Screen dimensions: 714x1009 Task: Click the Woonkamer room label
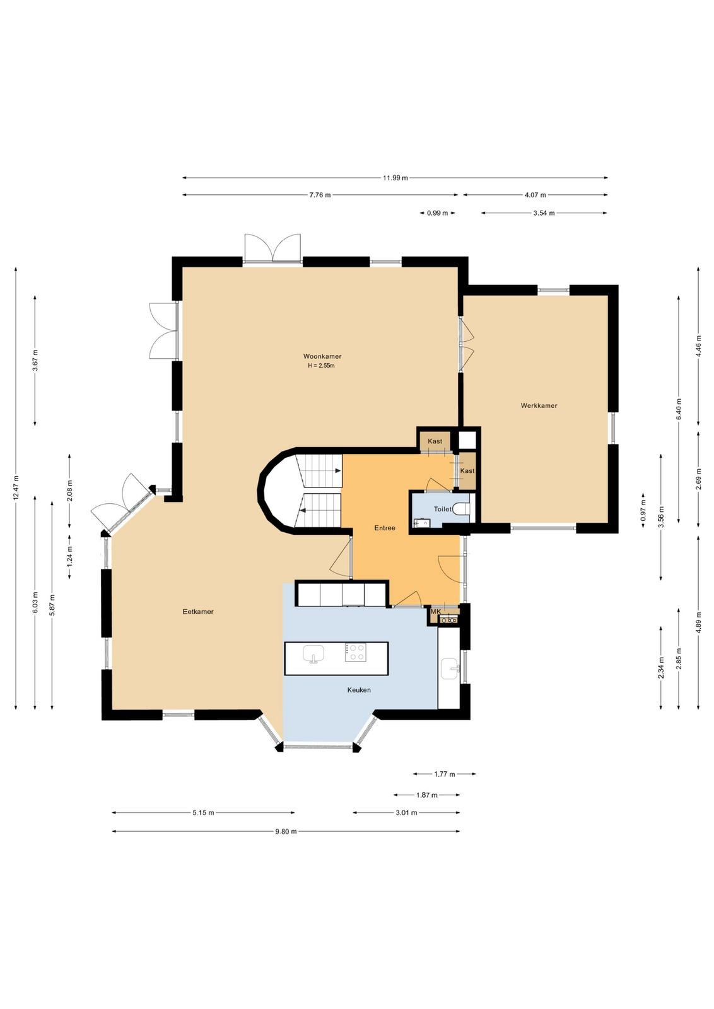(322, 356)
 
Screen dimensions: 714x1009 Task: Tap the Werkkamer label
(539, 405)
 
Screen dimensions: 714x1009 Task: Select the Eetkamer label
(198, 612)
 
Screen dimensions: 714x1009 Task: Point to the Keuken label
(358, 690)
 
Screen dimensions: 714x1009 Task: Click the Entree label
(385, 528)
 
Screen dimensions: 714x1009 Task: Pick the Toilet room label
(442, 509)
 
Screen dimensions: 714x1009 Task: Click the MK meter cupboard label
(436, 612)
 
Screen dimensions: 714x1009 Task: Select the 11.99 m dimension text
(395, 178)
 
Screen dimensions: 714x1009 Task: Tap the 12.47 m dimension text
(16, 488)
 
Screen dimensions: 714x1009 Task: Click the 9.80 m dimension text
(286, 832)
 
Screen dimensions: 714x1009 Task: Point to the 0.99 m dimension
(437, 213)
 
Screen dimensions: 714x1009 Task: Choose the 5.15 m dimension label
(203, 813)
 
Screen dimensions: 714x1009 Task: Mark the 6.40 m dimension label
(679, 409)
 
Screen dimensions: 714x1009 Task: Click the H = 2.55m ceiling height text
(321, 366)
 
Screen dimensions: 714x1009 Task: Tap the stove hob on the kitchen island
(356, 652)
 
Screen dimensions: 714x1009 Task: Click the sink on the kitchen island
(313, 653)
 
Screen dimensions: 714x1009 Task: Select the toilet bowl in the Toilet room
(462, 509)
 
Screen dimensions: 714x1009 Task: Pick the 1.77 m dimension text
(445, 774)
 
